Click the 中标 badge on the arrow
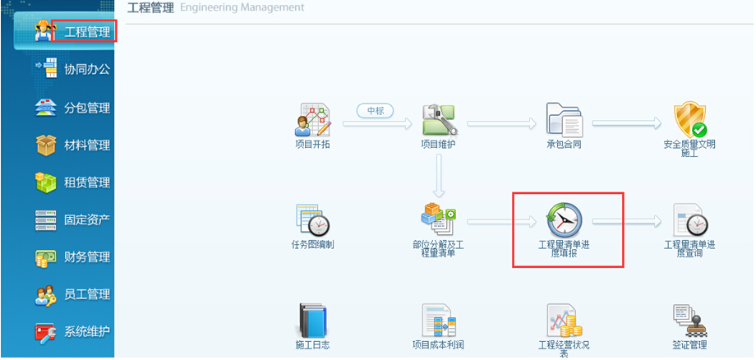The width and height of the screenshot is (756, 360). pos(376,110)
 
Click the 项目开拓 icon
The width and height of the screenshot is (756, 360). pos(312,121)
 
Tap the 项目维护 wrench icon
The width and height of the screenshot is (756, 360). pos(439,120)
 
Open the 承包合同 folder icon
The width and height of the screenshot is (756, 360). pos(564,121)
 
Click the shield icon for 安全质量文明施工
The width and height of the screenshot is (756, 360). pos(689,120)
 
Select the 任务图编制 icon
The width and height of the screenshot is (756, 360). pos(312,219)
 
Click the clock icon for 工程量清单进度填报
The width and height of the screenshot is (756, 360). pos(564,219)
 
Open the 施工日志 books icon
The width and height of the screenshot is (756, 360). pos(312,320)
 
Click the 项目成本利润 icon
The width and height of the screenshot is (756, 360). pos(439,320)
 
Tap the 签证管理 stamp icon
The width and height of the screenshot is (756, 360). pos(689,320)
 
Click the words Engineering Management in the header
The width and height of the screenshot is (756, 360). pos(242,7)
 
